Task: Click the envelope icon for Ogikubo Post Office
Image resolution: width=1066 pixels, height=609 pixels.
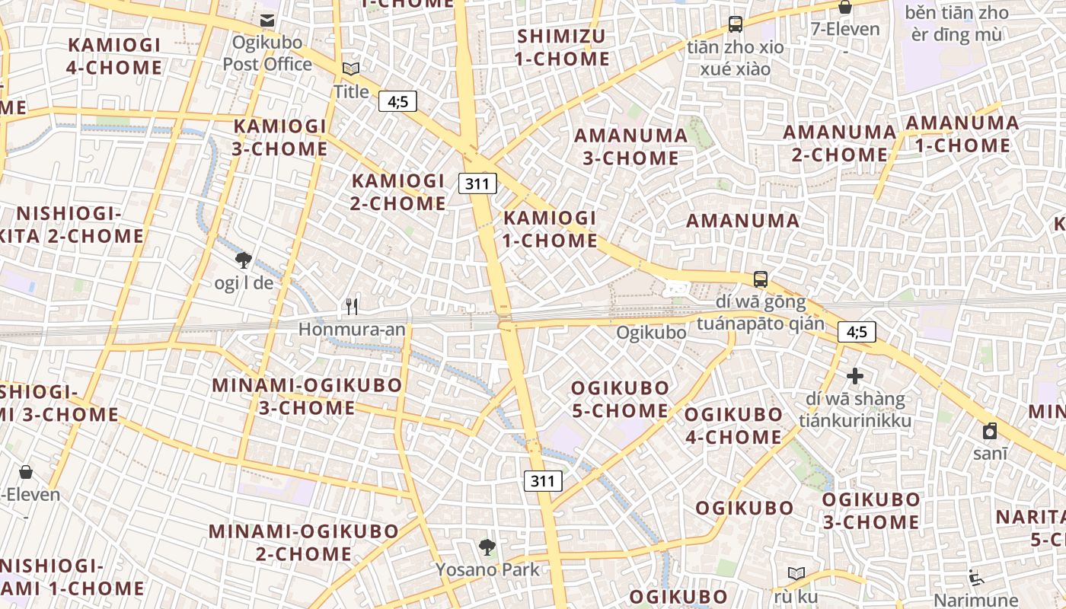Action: coord(267,21)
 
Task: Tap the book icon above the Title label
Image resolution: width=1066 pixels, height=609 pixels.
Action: coord(351,69)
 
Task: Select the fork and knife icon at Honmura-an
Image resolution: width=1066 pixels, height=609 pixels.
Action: coord(352,307)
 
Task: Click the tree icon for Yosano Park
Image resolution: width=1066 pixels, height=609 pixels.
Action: coord(487,547)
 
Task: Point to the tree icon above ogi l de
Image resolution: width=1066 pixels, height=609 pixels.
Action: coord(244,260)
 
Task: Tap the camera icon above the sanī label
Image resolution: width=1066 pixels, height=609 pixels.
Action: coord(990,432)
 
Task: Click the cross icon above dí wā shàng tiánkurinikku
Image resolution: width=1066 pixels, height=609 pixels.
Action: coord(855,376)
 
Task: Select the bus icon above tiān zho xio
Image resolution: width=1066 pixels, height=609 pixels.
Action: coord(735,24)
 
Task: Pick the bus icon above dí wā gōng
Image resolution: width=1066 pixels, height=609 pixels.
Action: coord(760,279)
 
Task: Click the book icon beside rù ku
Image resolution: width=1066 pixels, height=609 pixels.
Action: coord(796,573)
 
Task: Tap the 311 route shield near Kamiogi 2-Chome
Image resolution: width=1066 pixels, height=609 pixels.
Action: coord(477,183)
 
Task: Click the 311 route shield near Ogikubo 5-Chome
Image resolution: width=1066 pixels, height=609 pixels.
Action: coord(543,481)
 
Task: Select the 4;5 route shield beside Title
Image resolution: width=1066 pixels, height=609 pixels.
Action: coord(398,101)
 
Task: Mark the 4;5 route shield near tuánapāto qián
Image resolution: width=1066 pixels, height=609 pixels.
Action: coord(857,332)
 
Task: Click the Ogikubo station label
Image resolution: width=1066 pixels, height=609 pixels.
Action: coord(650,333)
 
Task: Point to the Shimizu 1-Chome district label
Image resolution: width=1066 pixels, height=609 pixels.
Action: coord(563,47)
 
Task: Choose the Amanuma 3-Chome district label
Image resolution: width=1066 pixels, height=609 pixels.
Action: coord(630,147)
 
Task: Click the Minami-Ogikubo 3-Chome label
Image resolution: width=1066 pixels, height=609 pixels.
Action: coord(307,396)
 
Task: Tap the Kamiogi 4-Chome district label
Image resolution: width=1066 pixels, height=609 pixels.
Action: coord(114,56)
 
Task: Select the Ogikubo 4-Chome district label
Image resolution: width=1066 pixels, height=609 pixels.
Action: coord(733,426)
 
